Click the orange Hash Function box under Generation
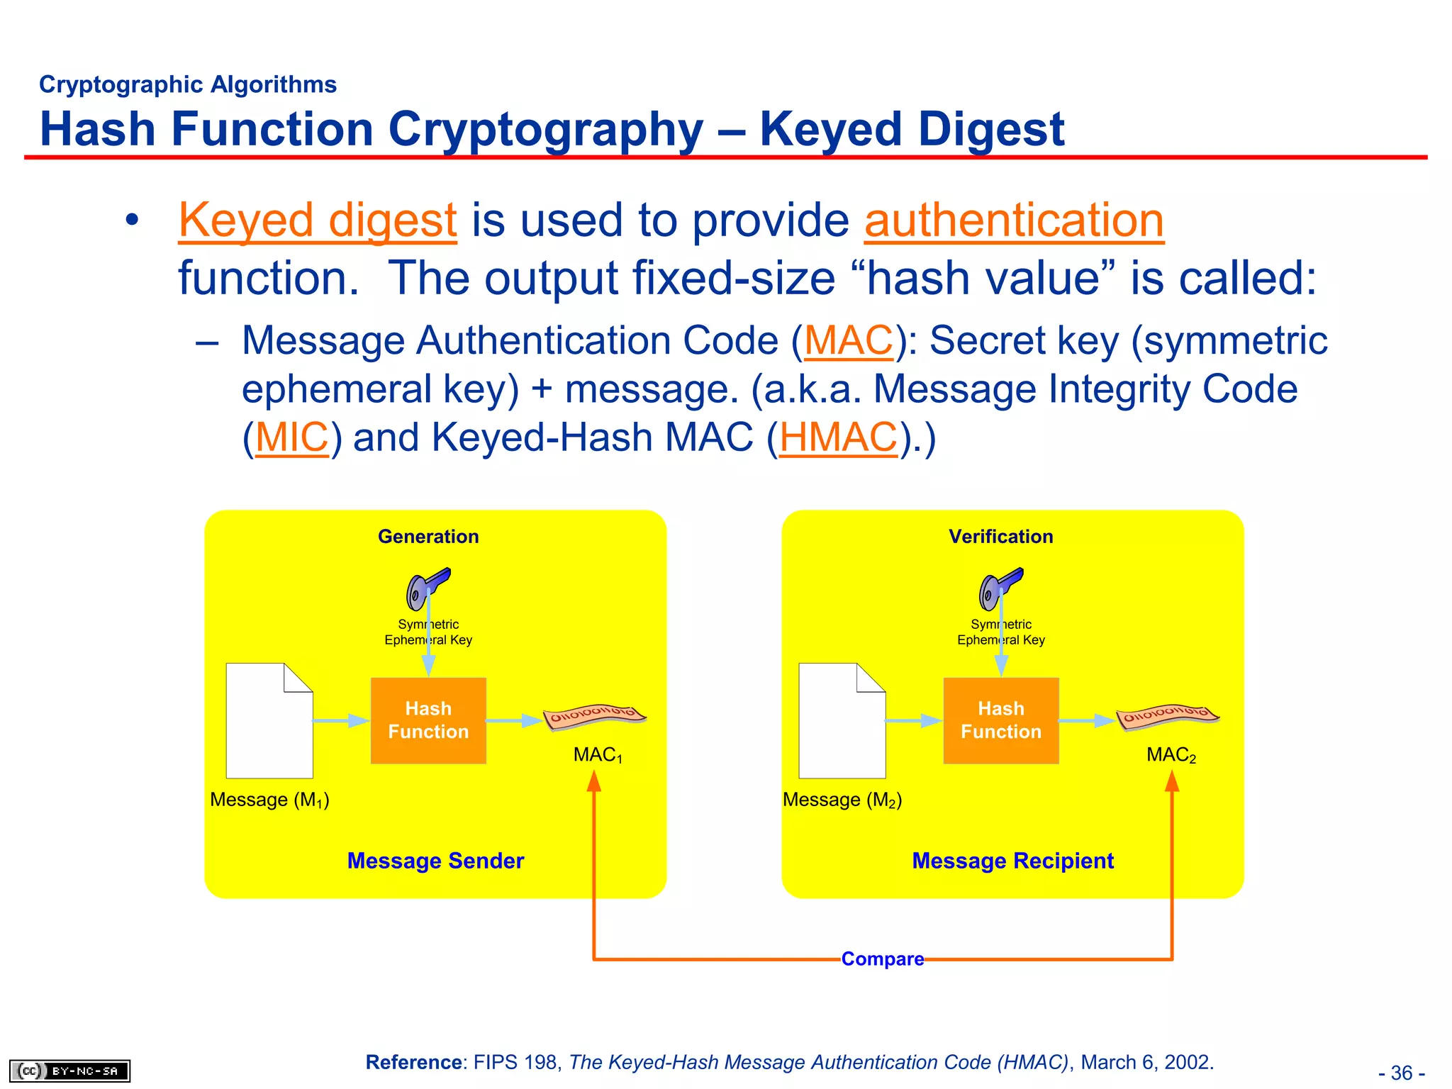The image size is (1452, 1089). pos(428,720)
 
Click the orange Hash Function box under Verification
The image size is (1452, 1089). pos(1000,720)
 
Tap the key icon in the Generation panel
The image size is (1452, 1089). pos(428,588)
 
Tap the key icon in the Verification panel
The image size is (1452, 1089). pos(1000,588)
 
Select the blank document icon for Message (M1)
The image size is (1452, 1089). pos(269,720)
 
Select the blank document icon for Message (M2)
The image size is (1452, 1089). pos(842,720)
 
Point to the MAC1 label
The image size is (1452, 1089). pos(598,755)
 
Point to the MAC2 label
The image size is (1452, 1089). pos(1171,755)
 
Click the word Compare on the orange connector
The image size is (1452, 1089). pos(882,959)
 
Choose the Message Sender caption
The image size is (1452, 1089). pos(435,861)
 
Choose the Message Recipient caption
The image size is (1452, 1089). pos(1012,861)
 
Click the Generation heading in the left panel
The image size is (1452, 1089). pos(428,537)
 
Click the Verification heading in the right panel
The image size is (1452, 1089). pos(1000,537)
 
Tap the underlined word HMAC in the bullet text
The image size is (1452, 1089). pos(838,437)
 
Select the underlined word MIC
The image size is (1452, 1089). pos(291,437)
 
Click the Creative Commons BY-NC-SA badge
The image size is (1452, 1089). pos(69,1071)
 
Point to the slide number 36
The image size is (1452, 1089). pos(1401,1073)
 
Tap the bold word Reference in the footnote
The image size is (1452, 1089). pos(413,1062)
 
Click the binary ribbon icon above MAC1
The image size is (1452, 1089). pos(594,716)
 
